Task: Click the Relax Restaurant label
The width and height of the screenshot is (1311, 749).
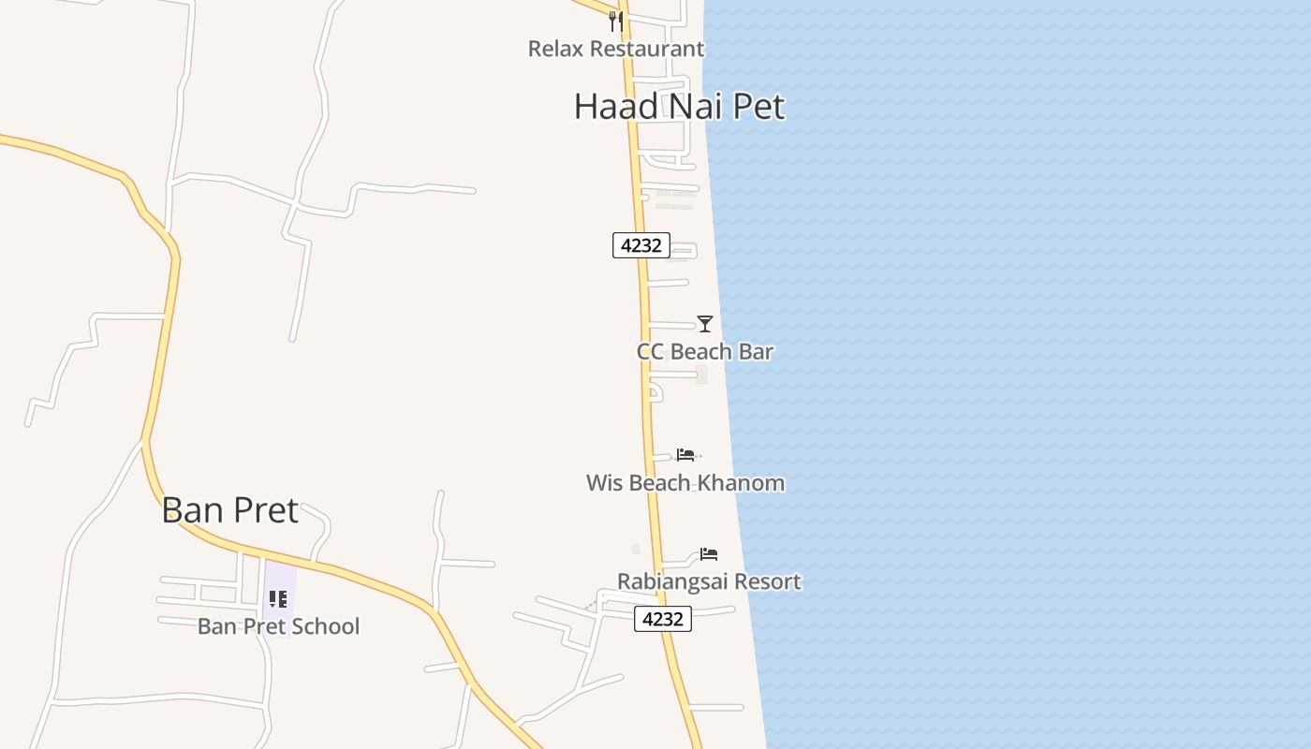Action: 615,49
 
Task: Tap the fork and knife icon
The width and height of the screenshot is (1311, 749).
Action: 615,21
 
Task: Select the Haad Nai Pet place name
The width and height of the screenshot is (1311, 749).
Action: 679,107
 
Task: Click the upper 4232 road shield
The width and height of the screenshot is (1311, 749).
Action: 641,245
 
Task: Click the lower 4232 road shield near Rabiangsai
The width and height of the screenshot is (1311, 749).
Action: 663,619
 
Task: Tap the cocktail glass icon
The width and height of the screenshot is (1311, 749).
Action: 705,324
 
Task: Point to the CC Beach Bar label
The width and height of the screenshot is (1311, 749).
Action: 704,352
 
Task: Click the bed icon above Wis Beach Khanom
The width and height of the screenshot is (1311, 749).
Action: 685,455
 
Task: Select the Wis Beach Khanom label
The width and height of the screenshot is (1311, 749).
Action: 685,483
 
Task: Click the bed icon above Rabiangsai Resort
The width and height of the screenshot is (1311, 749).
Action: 709,554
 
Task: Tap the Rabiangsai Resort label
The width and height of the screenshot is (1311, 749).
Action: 709,581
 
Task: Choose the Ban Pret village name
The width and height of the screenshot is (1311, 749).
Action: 229,511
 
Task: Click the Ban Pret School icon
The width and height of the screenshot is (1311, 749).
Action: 278,598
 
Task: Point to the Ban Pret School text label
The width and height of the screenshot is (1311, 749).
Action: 278,626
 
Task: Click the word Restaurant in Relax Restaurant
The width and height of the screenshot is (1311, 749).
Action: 644,49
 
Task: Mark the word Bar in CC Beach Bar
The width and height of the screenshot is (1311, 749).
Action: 757,352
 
